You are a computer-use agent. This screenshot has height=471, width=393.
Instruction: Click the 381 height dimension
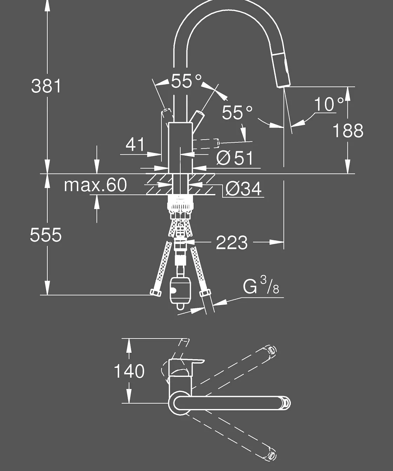coord(46,86)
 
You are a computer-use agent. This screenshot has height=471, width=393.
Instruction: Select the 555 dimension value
coord(46,235)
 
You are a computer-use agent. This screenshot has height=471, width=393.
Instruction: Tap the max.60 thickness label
coord(95,185)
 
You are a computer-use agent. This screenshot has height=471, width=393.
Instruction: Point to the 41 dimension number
coord(135,144)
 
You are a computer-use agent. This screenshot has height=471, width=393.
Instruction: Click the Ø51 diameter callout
coord(234,158)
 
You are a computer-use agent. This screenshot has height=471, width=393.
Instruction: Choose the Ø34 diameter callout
coord(244,188)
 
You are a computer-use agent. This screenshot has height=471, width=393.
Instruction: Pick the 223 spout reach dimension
coord(232,243)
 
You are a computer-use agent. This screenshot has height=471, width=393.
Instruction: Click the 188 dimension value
coord(348,130)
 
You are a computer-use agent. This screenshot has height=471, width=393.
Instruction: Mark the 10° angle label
coord(328,104)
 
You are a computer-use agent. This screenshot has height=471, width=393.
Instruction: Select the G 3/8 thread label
coord(261,286)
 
